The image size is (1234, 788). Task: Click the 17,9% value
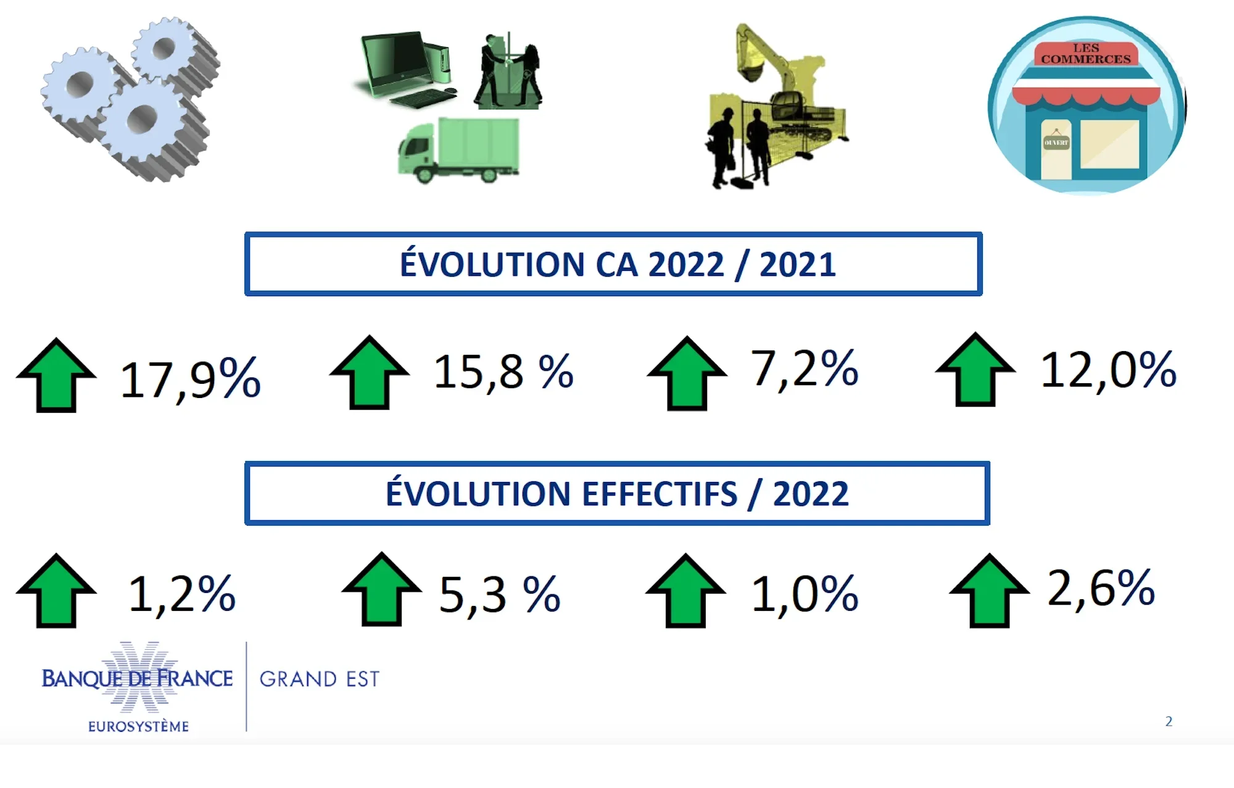point(190,378)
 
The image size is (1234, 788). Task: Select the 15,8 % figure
point(503,373)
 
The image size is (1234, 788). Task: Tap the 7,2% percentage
point(804,369)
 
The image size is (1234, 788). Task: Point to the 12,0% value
point(1108,370)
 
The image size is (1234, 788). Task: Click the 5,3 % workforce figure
point(499,595)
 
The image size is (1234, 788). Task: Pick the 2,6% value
point(1101,588)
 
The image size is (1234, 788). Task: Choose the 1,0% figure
point(805,594)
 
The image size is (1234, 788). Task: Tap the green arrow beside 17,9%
point(56,375)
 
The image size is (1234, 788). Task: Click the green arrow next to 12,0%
point(975,370)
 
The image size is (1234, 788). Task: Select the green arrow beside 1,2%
point(56,591)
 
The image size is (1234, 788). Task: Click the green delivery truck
point(458,150)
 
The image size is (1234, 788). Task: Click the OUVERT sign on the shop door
point(1056,142)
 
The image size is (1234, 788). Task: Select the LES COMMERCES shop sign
point(1086,54)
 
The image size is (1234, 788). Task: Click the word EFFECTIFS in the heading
point(660,494)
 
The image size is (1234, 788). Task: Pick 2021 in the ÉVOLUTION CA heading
point(797,265)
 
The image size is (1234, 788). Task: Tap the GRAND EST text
point(320,679)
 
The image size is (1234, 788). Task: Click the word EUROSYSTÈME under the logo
point(138,726)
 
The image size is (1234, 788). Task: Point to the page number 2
point(1169,721)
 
